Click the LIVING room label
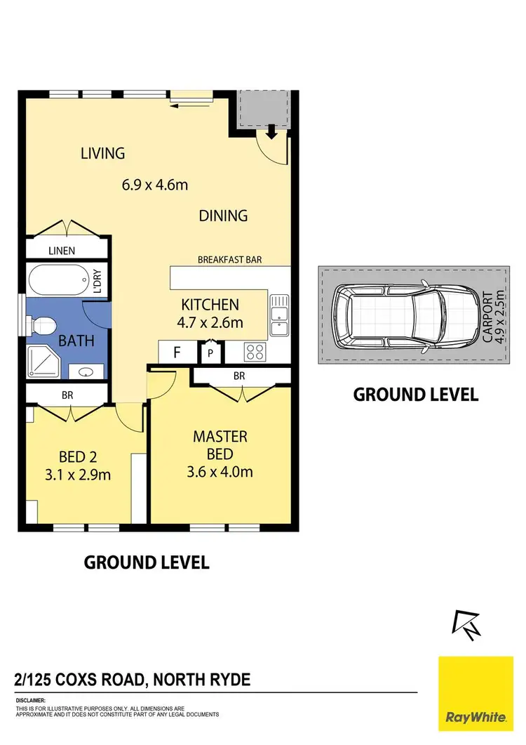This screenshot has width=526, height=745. pos(102,152)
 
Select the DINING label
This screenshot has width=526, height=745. pos(223,216)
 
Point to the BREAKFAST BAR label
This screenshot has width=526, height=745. pos(229,260)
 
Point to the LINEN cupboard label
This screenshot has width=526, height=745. pos(62,251)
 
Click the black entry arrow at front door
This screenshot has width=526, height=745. pos(271,131)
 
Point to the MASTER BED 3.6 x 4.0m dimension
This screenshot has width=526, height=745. pos(221,471)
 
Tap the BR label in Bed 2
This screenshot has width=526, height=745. pos(67,395)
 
